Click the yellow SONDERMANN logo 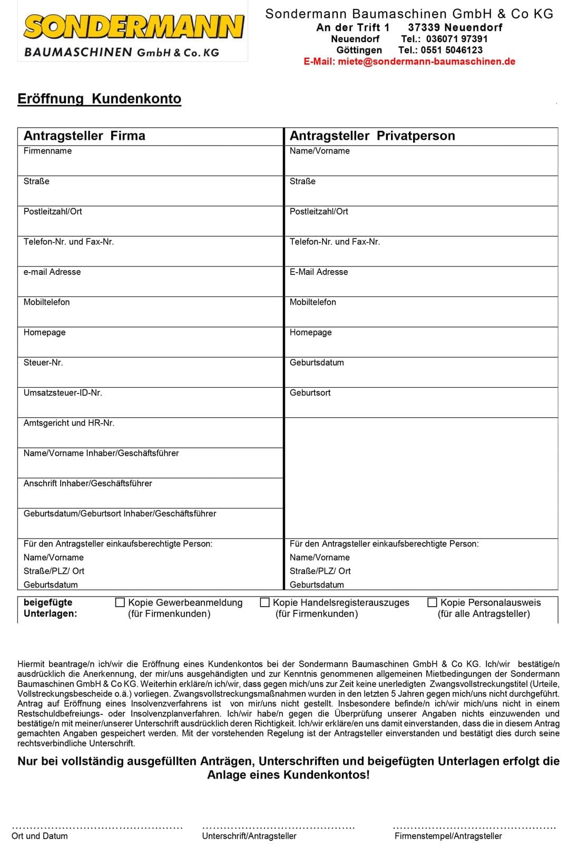(x=133, y=27)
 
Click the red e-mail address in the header (x=409, y=62)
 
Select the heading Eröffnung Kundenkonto (x=99, y=99)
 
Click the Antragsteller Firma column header (x=84, y=136)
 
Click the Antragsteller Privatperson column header (x=372, y=136)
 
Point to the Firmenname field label (x=47, y=151)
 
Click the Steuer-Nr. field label (x=43, y=363)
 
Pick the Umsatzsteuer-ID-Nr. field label (x=63, y=393)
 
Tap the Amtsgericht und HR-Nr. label (x=69, y=423)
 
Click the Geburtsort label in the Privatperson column (x=310, y=393)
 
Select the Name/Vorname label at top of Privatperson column (x=320, y=151)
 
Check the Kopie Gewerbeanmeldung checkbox (x=120, y=602)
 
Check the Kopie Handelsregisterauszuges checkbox (x=265, y=602)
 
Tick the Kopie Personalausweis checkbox (x=433, y=602)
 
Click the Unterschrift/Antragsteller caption (x=249, y=836)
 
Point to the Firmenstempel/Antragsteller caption (x=448, y=836)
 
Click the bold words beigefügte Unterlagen (x=50, y=608)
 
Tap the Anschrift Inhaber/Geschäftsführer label (x=87, y=484)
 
